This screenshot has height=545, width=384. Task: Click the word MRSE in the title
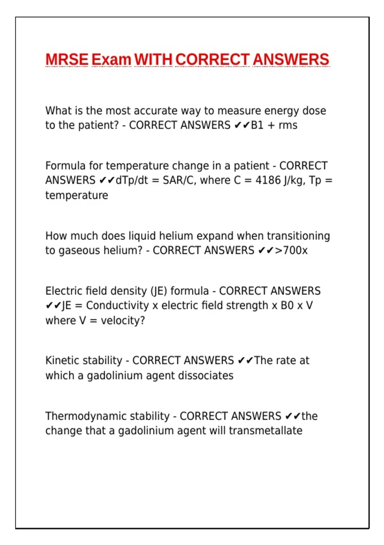pyautogui.click(x=67, y=60)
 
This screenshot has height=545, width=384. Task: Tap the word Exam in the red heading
pyautogui.click(x=111, y=60)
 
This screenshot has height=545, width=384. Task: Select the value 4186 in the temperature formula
pyautogui.click(x=268, y=180)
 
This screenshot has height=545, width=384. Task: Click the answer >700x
pyautogui.click(x=291, y=250)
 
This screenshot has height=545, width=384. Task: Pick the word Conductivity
pyautogui.click(x=117, y=305)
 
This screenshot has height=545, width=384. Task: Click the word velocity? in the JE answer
pyautogui.click(x=123, y=320)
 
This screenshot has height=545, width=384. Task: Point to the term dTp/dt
pyautogui.click(x=132, y=180)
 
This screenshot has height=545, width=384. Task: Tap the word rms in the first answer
pyautogui.click(x=288, y=125)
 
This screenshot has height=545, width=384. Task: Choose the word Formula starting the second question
pyautogui.click(x=65, y=166)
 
